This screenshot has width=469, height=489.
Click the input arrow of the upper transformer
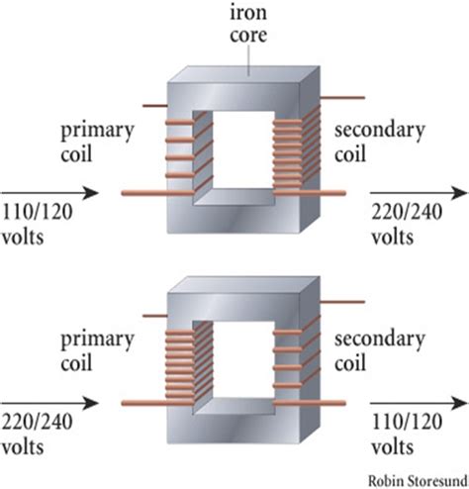(49, 193)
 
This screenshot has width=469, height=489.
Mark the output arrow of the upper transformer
(417, 193)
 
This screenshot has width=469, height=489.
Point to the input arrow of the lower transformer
(49, 403)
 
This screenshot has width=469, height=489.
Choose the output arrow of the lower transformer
(417, 403)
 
